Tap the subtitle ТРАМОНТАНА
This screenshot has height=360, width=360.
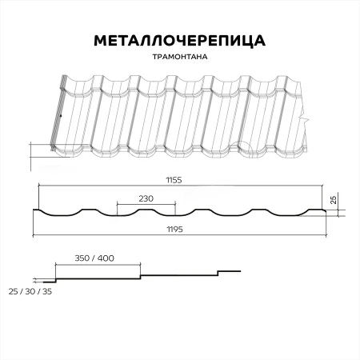(180, 58)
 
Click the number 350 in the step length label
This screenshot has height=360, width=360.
(82, 259)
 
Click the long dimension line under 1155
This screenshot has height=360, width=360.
(180, 187)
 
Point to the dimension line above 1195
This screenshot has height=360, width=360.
(180, 236)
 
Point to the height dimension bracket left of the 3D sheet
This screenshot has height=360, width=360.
(32, 157)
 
